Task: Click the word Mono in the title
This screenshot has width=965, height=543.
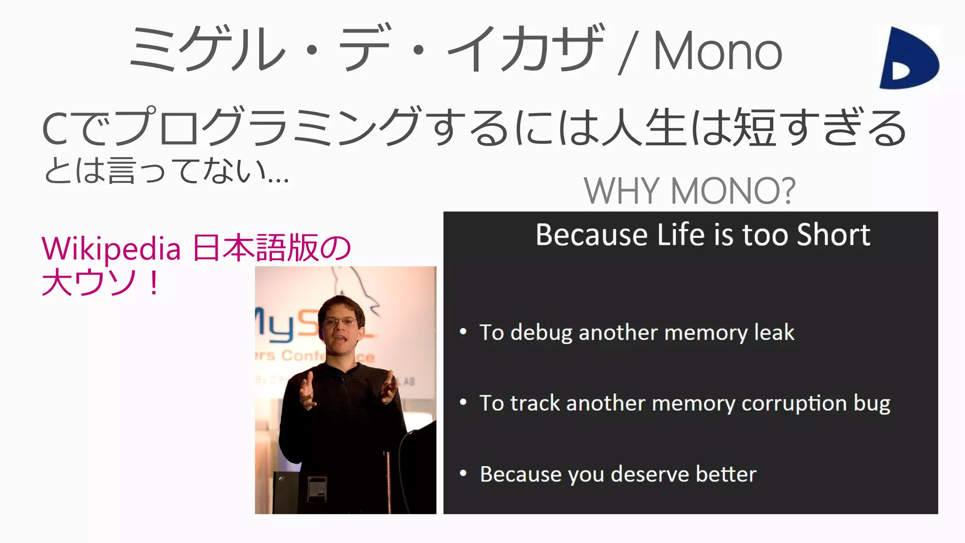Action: click(x=717, y=51)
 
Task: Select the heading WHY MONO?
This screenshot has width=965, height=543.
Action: click(x=689, y=191)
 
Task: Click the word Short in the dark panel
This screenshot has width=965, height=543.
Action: click(x=833, y=235)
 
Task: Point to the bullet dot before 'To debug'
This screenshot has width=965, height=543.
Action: click(x=463, y=332)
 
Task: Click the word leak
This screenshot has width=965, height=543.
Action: click(x=774, y=332)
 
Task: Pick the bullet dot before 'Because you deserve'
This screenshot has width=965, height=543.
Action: click(x=463, y=473)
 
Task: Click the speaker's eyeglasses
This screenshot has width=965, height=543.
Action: click(x=340, y=322)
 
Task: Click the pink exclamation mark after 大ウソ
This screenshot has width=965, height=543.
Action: click(x=153, y=283)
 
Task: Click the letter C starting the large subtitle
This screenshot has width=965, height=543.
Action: click(x=56, y=129)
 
